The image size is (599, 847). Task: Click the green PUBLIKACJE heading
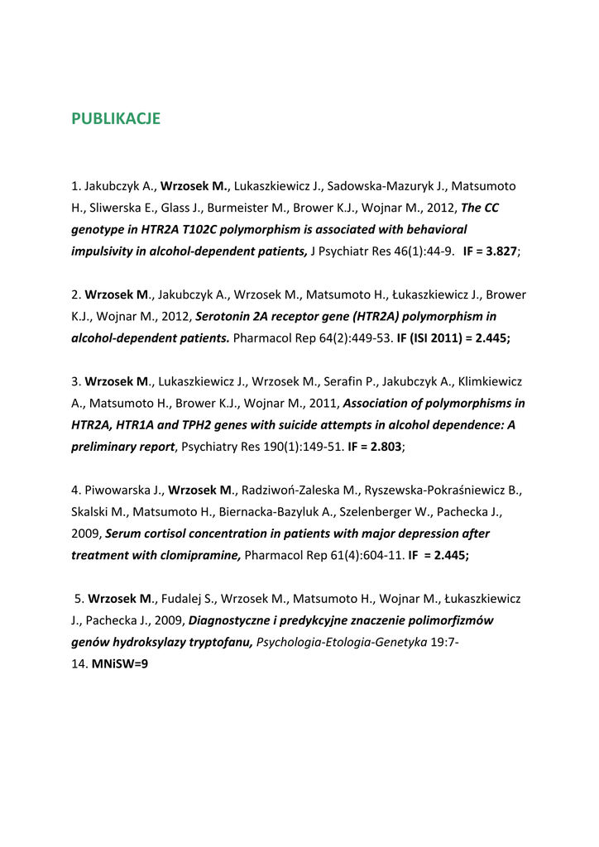[116, 118]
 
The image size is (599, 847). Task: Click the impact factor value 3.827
[501, 251]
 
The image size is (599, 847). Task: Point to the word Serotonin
[228, 316]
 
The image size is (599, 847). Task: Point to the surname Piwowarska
[117, 490]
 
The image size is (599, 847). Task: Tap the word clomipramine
[198, 556]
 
